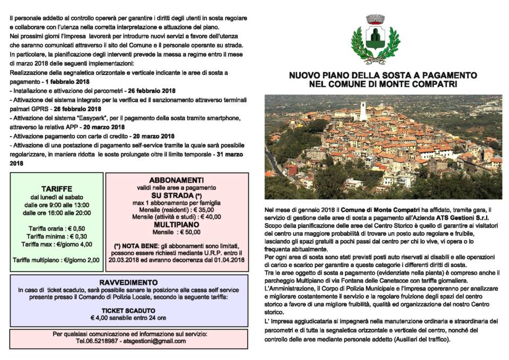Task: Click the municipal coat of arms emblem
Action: [x=375, y=39]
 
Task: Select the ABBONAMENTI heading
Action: [x=176, y=180]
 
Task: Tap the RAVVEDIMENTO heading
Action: [x=128, y=282]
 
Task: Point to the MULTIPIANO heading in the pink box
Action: [x=176, y=224]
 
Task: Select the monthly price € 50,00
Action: [x=189, y=232]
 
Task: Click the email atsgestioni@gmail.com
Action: [x=150, y=342]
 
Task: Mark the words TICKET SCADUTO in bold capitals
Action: [x=128, y=310]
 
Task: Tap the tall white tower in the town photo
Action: [x=363, y=111]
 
